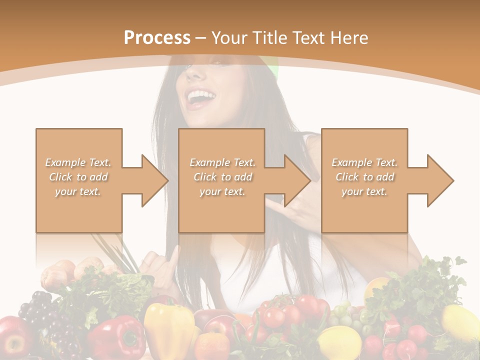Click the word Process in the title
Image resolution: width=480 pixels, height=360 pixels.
tap(157, 38)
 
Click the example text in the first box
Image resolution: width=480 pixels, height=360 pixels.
tap(78, 177)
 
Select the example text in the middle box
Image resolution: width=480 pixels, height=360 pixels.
tap(222, 177)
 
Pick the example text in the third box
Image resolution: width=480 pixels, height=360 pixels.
tap(364, 177)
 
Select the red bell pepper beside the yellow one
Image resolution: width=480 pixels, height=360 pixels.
tap(116, 337)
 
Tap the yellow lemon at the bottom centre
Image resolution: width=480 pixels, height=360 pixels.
tap(339, 343)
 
